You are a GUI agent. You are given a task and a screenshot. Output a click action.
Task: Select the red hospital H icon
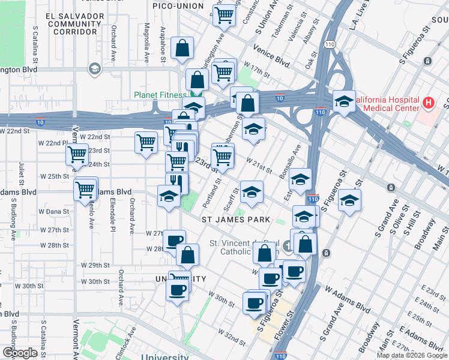tap(428, 103)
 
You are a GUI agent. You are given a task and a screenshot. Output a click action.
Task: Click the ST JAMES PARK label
tap(232, 220)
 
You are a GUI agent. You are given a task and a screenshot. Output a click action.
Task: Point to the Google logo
tap(20, 353)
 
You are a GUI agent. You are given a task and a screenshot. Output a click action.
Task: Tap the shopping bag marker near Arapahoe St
tap(181, 50)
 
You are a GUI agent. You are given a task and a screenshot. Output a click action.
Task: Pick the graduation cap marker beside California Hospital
tap(345, 102)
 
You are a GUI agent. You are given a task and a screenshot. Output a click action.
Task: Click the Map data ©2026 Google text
tap(411, 355)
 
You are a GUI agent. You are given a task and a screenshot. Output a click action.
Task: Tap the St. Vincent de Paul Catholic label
tap(244, 247)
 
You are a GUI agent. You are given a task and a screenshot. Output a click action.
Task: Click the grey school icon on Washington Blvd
tap(94, 69)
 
